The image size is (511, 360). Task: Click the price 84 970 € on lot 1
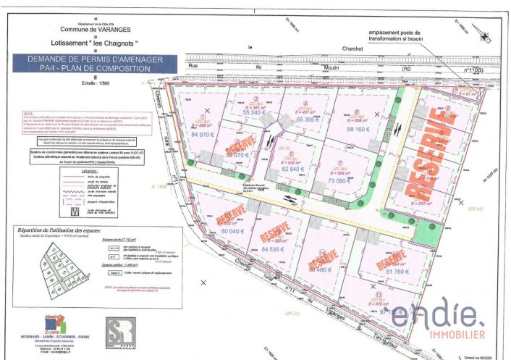(203, 135)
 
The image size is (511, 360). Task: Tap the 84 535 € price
(267, 249)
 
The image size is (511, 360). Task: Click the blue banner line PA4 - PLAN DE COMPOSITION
(92, 69)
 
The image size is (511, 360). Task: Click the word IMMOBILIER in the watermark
(438, 333)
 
